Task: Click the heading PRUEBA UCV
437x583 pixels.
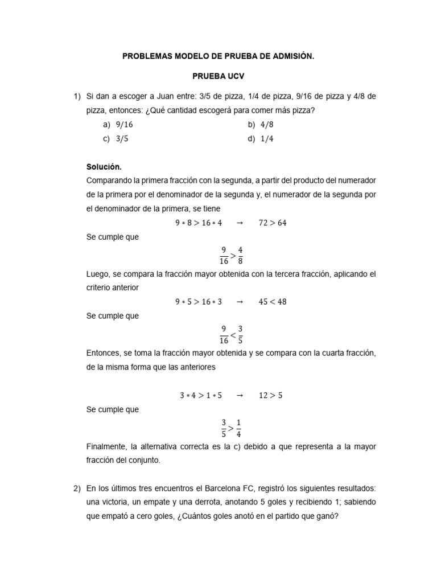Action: coord(218,76)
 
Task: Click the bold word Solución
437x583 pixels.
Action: coord(104,167)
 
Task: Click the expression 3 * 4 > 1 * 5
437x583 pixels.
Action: coord(199,395)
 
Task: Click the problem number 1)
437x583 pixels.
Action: coord(79,97)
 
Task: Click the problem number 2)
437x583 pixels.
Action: coord(79,488)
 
